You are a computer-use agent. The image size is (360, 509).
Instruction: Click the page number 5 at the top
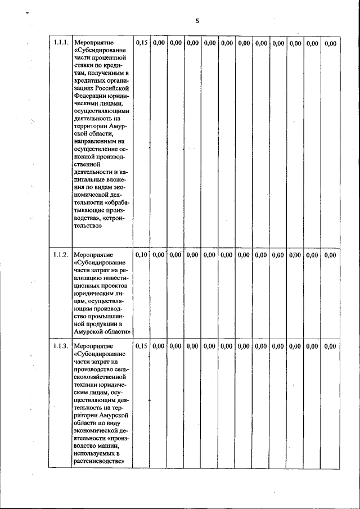point(197,21)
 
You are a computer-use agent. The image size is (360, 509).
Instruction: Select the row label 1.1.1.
point(60,43)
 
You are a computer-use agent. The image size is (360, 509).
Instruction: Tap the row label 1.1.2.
point(60,255)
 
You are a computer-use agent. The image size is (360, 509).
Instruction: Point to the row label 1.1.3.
point(60,346)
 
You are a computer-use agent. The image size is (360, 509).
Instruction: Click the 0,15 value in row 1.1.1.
point(141,43)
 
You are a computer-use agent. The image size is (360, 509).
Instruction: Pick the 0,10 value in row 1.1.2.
point(141,255)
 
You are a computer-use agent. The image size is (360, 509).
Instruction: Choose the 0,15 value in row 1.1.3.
point(141,346)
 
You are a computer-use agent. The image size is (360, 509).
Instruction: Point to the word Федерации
point(91,96)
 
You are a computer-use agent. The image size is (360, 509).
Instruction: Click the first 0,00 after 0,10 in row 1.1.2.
point(159,255)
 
